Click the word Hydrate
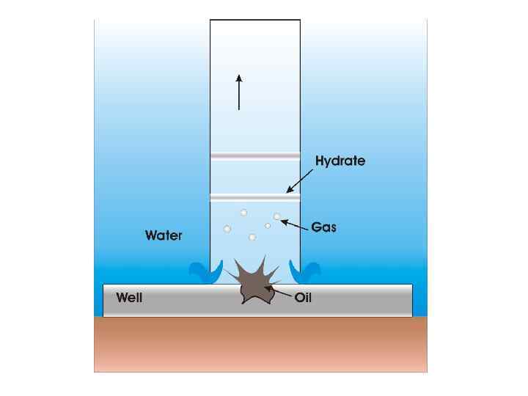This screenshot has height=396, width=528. point(340,161)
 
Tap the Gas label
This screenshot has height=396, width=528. point(323,227)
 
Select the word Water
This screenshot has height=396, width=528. point(164,235)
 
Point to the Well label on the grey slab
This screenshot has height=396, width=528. point(130,298)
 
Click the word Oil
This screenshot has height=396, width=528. point(304,298)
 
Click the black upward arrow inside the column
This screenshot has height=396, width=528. point(239,92)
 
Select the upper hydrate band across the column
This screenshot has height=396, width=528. point(255,155)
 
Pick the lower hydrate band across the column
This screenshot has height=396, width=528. point(255,197)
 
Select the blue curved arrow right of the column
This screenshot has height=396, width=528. point(306,271)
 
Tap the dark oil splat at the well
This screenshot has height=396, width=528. point(253,282)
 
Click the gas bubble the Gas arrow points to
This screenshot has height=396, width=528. point(277,216)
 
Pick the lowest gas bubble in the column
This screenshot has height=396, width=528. point(252,237)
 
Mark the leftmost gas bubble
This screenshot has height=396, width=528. point(227,230)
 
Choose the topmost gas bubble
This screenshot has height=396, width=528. point(244,213)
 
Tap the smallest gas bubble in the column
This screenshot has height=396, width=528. point(268,226)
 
